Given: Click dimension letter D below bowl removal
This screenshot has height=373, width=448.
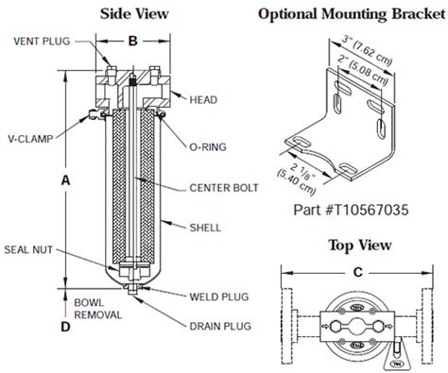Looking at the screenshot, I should pyautogui.click(x=63, y=328).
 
